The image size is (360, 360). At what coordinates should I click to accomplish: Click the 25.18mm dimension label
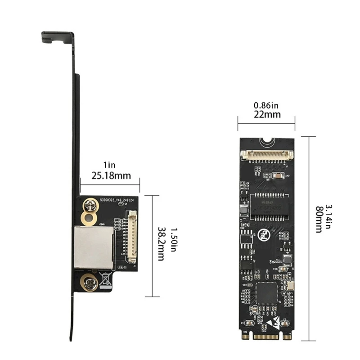coord(111,175)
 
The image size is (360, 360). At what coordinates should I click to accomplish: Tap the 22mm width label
coord(266,114)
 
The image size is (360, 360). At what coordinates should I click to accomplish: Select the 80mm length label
coord(319,219)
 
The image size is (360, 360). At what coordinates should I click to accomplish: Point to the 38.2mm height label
coord(161,246)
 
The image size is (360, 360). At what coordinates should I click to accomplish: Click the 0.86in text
coord(266,105)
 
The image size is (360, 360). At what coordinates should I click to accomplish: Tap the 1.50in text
coord(171,246)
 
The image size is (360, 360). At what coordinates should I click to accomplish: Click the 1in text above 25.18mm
coord(110,165)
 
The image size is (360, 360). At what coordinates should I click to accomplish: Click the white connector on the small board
coord(132,238)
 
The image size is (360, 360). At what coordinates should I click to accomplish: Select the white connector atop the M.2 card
coord(267,155)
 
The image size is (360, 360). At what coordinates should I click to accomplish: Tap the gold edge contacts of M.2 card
coord(266,336)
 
